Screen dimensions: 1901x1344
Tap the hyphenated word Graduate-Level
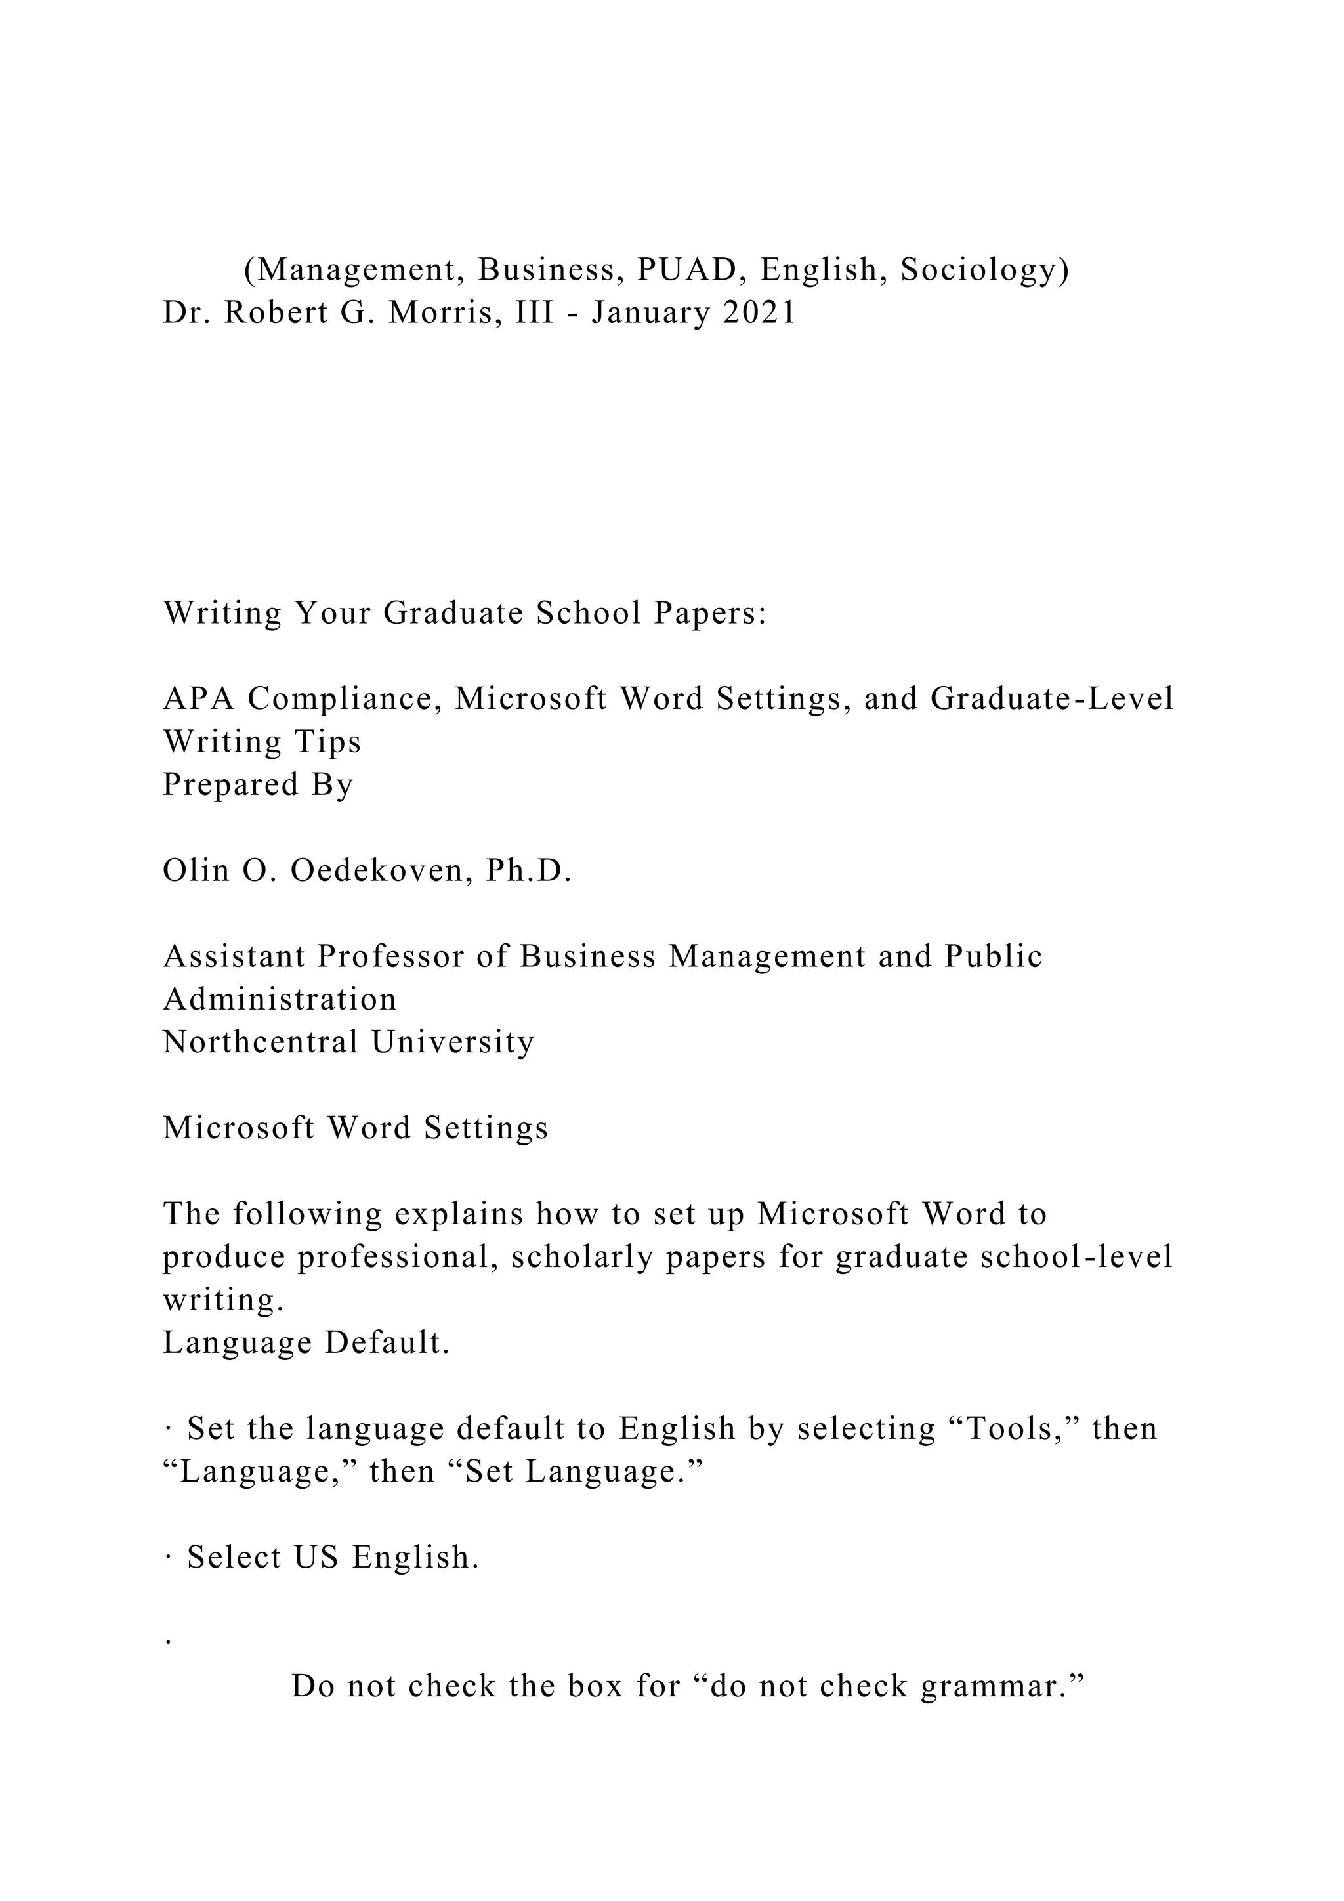point(1052,699)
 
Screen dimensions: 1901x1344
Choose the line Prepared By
point(258,784)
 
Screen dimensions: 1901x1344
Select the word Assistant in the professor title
point(234,956)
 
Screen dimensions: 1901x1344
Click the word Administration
point(280,999)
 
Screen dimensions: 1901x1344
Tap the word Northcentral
point(260,1042)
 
